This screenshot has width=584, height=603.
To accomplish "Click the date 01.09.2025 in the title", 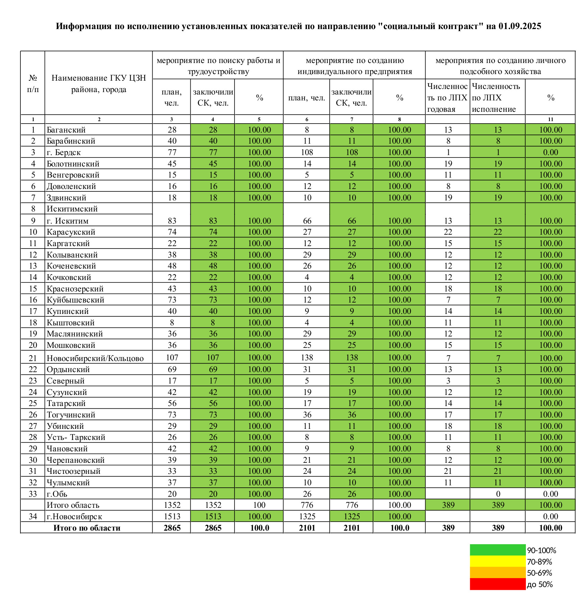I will (520, 26).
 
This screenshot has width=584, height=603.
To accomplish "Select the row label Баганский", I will (66, 130).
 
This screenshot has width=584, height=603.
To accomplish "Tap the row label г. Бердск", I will (64, 152).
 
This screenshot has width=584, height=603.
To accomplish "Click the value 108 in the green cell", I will (352, 152).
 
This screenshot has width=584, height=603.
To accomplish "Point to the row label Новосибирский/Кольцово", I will (95, 358).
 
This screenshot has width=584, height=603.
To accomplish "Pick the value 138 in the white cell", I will (307, 358).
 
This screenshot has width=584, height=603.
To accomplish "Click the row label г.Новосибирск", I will (74, 516).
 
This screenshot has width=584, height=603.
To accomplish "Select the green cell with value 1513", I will (213, 516).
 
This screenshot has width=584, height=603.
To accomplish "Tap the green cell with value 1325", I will (352, 516).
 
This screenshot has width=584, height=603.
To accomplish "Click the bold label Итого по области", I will (86, 528).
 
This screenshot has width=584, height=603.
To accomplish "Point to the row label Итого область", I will (73, 505).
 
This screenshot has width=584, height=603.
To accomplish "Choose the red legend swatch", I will (497, 584).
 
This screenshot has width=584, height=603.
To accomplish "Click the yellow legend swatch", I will (497, 561).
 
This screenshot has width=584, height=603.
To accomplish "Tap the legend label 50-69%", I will (539, 573).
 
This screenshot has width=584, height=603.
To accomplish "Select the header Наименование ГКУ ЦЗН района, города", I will (99, 84).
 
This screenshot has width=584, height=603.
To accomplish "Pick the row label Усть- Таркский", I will (76, 437).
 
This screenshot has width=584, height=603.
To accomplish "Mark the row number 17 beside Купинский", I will (33, 311).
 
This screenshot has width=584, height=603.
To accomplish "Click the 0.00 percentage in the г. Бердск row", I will (550, 152).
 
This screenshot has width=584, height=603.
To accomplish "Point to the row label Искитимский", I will (72, 209).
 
